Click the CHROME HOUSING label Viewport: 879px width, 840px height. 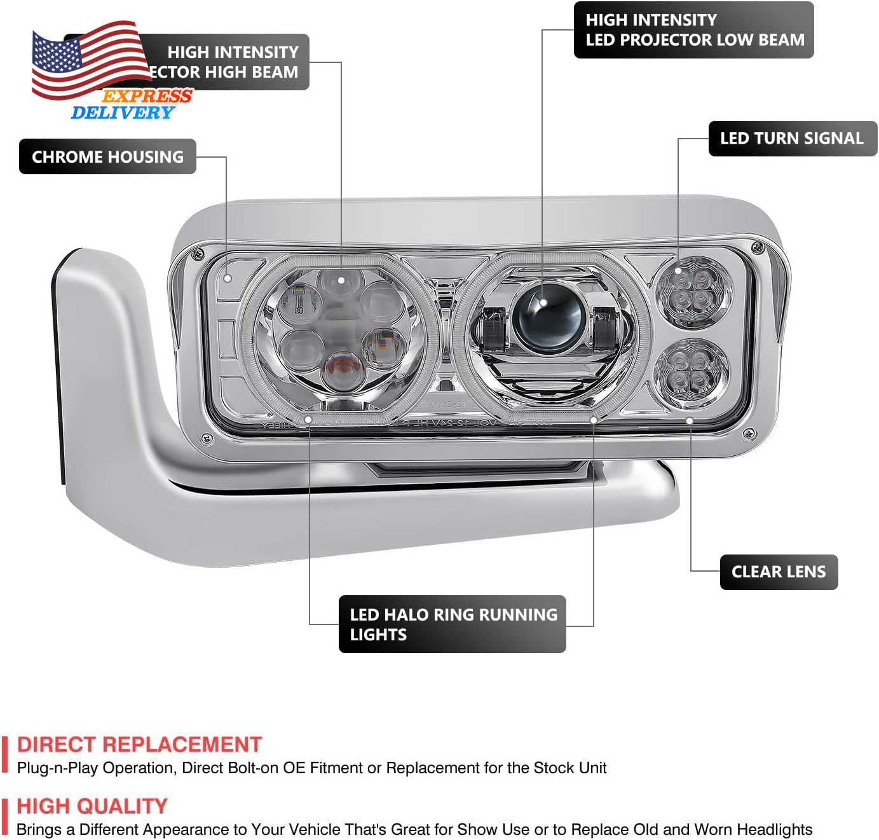[x=107, y=156]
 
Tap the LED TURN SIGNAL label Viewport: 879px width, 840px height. [x=791, y=139]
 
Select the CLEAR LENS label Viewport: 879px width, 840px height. [x=779, y=572]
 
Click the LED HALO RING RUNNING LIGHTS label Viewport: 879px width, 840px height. [x=452, y=624]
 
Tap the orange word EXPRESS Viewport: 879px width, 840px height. [x=147, y=96]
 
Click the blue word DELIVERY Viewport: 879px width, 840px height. [x=122, y=113]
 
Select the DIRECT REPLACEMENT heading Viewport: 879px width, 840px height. [x=139, y=744]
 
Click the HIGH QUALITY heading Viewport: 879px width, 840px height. [x=92, y=806]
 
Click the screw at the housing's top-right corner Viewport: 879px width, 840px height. [x=757, y=247]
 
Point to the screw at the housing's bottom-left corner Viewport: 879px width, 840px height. [x=207, y=438]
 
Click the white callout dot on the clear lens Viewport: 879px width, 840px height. [x=690, y=420]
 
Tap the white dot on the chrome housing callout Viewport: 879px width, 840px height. [x=228, y=279]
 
